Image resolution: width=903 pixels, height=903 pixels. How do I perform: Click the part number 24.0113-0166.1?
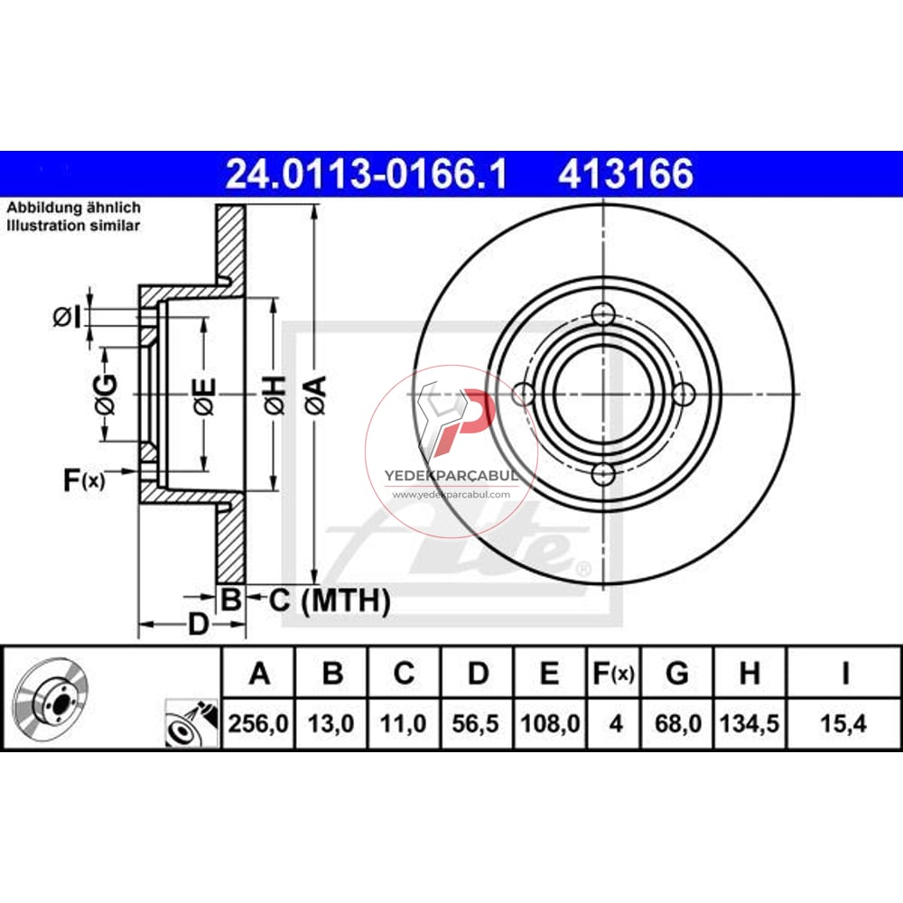point(367,174)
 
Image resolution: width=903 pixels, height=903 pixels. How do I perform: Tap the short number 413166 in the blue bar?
point(626,174)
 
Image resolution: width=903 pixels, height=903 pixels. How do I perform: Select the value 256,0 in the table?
point(258,723)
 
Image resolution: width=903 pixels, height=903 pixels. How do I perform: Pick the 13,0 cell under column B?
point(331,723)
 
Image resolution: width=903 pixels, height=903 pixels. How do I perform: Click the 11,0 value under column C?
point(403,723)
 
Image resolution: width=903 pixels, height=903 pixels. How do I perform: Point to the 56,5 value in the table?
point(476,723)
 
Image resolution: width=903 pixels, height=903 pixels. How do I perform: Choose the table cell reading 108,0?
point(550,723)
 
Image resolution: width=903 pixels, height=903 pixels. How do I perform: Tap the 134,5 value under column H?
point(749,723)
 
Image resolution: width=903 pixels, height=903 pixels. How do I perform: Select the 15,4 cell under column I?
point(843,723)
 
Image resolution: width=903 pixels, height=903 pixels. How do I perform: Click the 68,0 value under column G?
point(678,723)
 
